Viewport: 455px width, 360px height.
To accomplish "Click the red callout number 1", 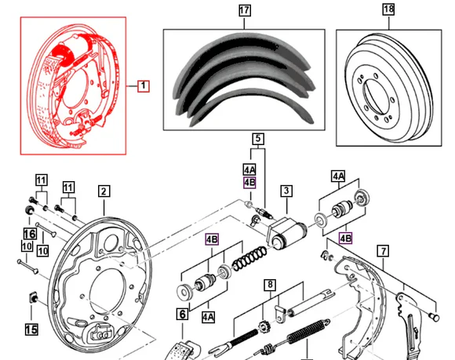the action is click(x=144, y=86).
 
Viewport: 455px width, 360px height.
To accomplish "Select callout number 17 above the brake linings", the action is click(x=244, y=11).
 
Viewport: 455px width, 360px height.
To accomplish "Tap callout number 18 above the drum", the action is click(x=389, y=9).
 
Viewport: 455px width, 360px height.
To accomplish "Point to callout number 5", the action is click(x=258, y=139).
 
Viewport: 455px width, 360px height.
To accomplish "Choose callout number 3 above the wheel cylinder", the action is click(x=286, y=191).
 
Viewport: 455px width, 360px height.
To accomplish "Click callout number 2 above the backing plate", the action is click(x=104, y=191).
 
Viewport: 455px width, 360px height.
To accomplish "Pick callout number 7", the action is click(x=384, y=251).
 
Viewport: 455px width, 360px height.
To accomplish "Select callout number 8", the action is click(x=270, y=285).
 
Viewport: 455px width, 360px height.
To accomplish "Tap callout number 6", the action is click(x=183, y=315).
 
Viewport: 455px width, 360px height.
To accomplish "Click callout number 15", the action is click(x=31, y=329).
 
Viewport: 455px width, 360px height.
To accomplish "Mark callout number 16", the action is click(x=30, y=234).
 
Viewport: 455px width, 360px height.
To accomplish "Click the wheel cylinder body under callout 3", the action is click(x=286, y=234).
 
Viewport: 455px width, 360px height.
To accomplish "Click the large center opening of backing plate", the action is click(x=108, y=289).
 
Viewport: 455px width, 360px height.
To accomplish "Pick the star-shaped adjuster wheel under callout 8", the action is click(x=263, y=329).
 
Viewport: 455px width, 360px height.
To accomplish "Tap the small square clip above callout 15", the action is click(x=33, y=297).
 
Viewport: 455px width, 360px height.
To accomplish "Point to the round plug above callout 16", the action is click(x=29, y=209).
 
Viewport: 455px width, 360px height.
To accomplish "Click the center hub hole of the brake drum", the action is click(x=376, y=97).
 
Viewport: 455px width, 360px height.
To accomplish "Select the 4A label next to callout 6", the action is click(x=209, y=317).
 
